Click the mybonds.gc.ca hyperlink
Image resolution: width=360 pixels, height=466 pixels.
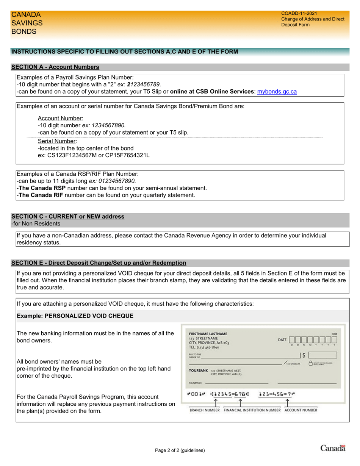277,91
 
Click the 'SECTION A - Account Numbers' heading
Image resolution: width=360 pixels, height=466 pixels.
55,67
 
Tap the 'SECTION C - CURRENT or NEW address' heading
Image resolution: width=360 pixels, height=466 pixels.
68,217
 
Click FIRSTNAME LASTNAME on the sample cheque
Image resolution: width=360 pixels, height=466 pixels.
208,334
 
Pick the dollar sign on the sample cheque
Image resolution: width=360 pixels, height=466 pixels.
304,355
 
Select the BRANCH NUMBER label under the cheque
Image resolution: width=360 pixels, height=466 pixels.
205,410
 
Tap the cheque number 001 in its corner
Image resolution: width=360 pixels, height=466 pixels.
334,334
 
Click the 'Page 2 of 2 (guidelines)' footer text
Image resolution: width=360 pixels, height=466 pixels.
180,450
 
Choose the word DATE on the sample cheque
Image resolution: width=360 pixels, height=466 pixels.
282,340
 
